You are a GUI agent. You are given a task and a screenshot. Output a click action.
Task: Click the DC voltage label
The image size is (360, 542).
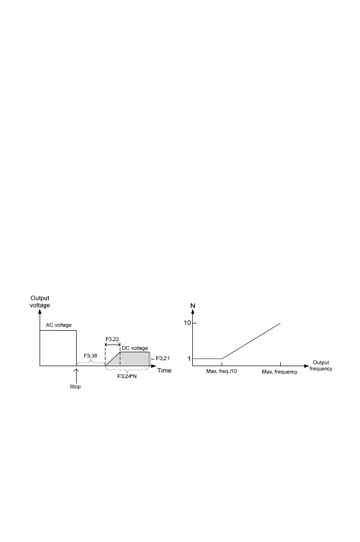pyautogui.click(x=134, y=348)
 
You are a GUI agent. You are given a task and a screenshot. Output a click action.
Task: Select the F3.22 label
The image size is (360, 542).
pyautogui.click(x=113, y=339)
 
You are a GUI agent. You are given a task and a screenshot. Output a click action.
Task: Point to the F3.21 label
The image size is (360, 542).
pyautogui.click(x=163, y=358)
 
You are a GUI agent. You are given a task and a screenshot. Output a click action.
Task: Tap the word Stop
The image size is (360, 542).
pyautogui.click(x=75, y=387)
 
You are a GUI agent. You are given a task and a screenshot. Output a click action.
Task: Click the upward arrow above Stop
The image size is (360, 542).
pyautogui.click(x=76, y=374)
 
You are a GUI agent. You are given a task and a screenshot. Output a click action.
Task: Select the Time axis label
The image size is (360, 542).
pyautogui.click(x=164, y=371)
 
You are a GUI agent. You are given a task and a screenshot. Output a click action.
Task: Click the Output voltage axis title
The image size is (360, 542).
pyautogui.click(x=40, y=301)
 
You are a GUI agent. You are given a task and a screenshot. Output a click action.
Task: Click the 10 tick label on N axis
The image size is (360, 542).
pyautogui.click(x=187, y=323)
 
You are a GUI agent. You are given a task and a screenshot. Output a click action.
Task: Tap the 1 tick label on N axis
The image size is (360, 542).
pyautogui.click(x=189, y=358)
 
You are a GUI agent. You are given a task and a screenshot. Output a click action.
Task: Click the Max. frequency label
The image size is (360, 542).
pyautogui.click(x=280, y=372)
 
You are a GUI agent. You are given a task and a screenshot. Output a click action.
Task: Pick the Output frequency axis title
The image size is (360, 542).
pyautogui.click(x=321, y=366)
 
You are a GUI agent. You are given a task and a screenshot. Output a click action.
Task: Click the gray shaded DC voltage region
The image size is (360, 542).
pyautogui.click(x=135, y=359)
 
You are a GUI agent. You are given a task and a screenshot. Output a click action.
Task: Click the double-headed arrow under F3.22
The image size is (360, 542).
pyautogui.click(x=113, y=346)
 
